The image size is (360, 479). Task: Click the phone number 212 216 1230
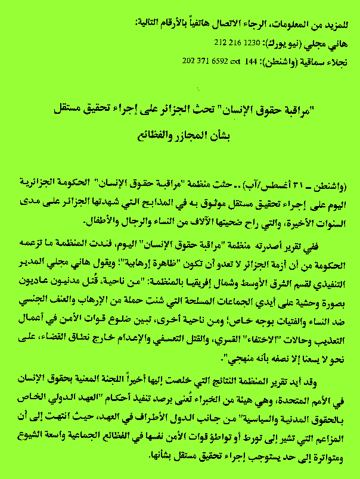[x=234, y=43]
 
